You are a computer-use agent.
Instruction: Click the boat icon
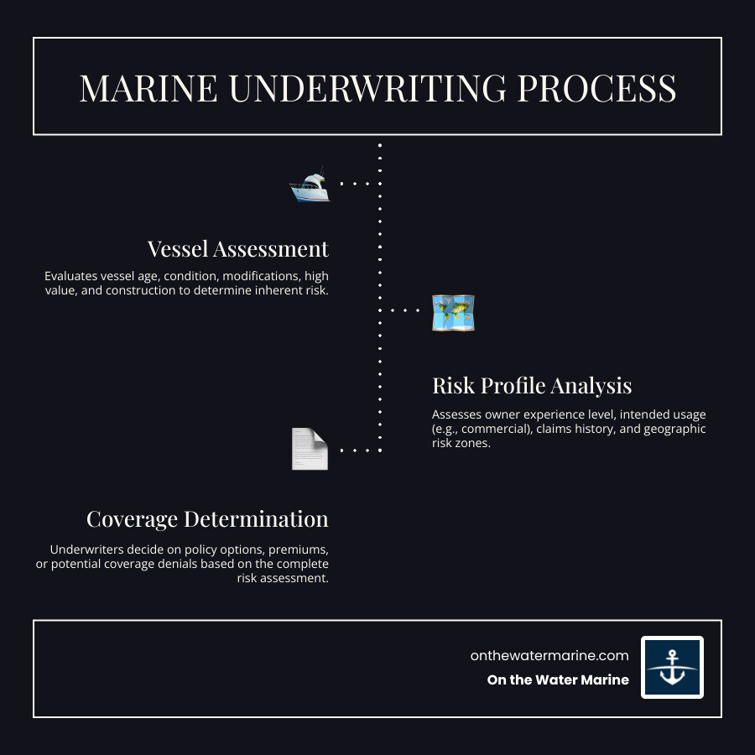pos(310,185)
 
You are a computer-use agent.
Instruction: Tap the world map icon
pos(453,312)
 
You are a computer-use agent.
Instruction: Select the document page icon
pos(310,449)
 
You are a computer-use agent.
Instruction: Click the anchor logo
pos(672,667)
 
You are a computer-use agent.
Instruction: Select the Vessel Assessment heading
pos(238,249)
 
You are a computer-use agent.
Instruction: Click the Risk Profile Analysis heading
pos(532,386)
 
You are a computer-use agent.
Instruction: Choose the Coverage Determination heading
pos(207,519)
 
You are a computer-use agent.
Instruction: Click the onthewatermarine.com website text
pos(549,656)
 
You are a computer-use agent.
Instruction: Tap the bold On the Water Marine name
pos(558,680)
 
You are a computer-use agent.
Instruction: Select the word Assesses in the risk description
pos(458,414)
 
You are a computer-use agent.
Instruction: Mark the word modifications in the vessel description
pos(257,276)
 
